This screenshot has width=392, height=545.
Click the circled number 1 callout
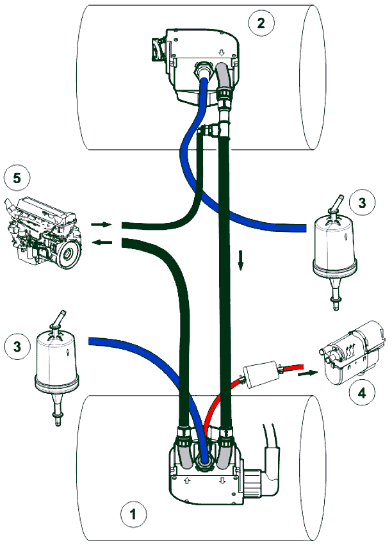point(133,514)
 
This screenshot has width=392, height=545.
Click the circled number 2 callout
point(261,24)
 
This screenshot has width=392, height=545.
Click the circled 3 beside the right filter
point(363,204)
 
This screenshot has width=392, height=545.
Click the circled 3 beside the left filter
point(17,346)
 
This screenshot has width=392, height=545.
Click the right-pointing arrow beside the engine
point(101,225)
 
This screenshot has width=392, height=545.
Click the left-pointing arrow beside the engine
point(101,242)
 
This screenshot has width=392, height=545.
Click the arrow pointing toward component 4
point(307,371)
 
